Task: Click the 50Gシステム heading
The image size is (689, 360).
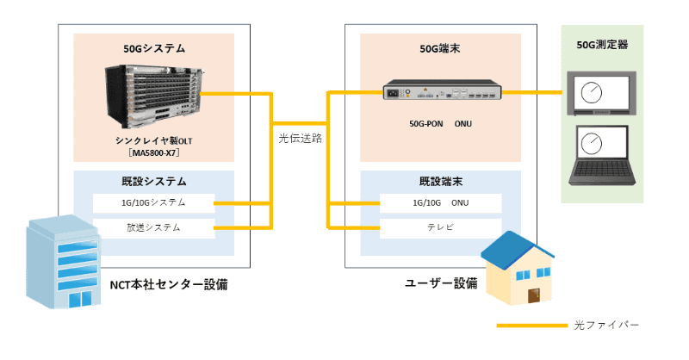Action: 154,48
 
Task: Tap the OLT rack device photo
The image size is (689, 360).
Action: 155,96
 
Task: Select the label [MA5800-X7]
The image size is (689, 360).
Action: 154,153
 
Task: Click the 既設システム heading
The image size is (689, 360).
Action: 154,182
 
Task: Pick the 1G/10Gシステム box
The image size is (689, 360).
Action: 154,203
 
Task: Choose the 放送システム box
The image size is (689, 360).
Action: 154,228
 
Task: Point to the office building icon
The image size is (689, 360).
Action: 64,262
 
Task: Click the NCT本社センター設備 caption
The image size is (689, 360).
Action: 169,285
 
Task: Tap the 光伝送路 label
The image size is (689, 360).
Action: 300,139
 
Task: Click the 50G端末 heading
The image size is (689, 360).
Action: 440,48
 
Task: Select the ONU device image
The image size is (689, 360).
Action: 442,90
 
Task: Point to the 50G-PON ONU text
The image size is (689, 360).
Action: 440,124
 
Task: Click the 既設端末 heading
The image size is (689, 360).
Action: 441,182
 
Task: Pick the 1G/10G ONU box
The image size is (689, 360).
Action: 441,203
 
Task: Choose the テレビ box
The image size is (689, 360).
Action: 441,228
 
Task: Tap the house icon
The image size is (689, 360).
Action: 518,268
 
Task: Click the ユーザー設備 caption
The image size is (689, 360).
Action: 441,283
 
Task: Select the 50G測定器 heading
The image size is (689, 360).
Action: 602,45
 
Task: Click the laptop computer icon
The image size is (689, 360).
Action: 601,155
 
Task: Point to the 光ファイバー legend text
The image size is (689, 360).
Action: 606,326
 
